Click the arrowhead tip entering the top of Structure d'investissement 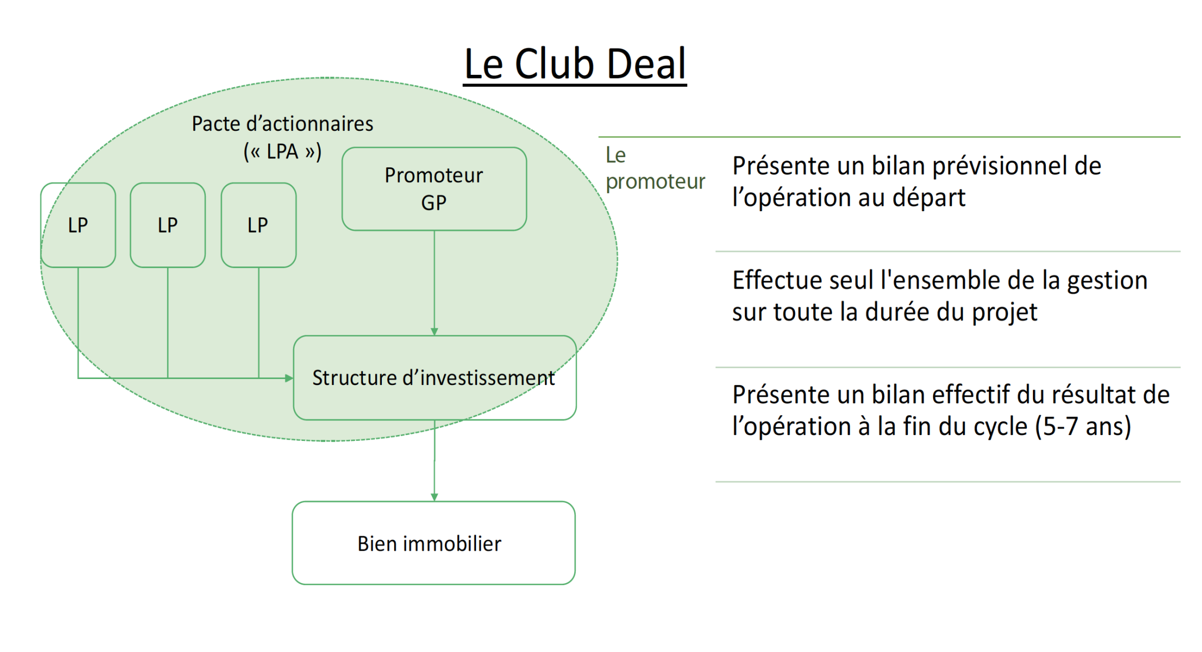click(x=435, y=335)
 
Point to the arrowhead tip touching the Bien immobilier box click(x=435, y=501)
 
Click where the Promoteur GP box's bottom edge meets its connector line click(x=435, y=230)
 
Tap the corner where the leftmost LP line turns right click(x=78, y=378)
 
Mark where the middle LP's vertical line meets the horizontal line click(x=168, y=378)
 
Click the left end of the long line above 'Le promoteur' click(x=599, y=137)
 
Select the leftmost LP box click(x=78, y=225)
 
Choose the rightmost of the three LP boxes click(x=258, y=225)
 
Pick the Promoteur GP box click(x=435, y=189)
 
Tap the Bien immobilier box click(x=434, y=543)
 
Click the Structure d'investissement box click(x=435, y=378)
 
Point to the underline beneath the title click(x=575, y=83)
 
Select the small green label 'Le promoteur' click(x=655, y=169)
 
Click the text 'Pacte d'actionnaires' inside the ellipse click(x=283, y=124)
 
